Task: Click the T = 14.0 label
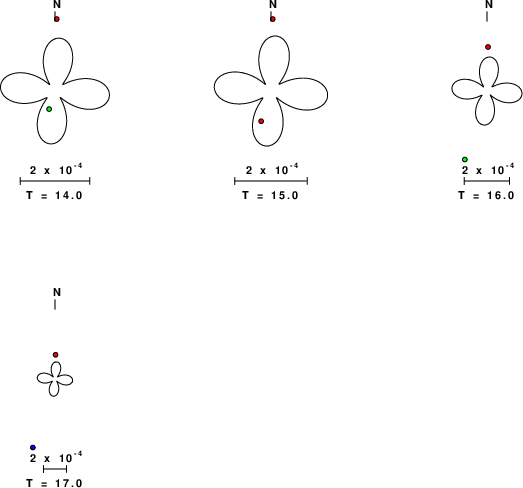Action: tap(54, 195)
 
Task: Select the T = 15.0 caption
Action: tap(270, 195)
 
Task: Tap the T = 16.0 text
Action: tap(486, 195)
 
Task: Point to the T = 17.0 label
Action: tap(54, 483)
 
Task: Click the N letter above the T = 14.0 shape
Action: tap(57, 4)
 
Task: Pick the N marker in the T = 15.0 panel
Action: tap(273, 4)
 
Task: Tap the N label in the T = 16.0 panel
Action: tap(489, 4)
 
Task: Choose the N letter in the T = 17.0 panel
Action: tap(57, 292)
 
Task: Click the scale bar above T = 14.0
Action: tap(55, 181)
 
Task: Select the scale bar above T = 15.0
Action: tap(271, 181)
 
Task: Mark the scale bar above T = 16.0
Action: tap(487, 181)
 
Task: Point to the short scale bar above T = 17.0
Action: tap(55, 469)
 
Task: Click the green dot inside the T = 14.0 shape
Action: tap(49, 109)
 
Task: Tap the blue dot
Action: tap(33, 447)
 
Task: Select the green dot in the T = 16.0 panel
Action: tap(465, 159)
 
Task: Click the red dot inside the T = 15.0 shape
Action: tap(261, 121)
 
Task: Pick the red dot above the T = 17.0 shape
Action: tap(55, 355)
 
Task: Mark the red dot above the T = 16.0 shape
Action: tap(488, 47)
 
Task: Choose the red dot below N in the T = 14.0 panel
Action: tap(57, 19)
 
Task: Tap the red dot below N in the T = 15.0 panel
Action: tap(273, 19)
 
